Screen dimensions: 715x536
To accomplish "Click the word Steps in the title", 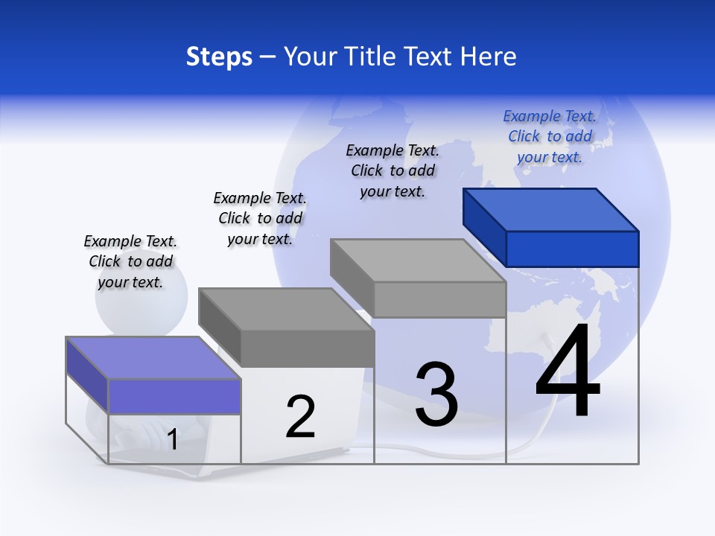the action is click(x=219, y=57).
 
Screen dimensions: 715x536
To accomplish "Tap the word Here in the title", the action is click(x=488, y=57).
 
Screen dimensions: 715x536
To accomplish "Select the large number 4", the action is click(x=568, y=372).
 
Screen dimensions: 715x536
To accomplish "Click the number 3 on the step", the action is click(x=436, y=394).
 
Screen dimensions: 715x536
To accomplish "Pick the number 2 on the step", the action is click(x=300, y=417).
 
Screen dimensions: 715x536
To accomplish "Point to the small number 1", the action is click(x=173, y=440).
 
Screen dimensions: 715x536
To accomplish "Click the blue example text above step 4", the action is click(x=550, y=137).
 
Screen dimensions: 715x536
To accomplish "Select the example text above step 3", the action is click(x=393, y=170).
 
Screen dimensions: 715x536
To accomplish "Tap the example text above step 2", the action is click(x=260, y=218).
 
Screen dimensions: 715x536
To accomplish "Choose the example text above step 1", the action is click(x=130, y=261).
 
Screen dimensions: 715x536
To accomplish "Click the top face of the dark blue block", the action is click(x=550, y=209).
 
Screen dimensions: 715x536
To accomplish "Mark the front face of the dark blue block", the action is click(x=572, y=249).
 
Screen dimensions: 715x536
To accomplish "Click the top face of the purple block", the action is click(x=153, y=357).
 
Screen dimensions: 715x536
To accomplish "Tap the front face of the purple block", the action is click(x=174, y=396).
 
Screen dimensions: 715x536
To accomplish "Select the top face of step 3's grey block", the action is click(x=417, y=261).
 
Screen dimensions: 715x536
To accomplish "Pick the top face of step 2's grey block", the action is click(x=285, y=309).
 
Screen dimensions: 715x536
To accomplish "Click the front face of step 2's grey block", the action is click(x=307, y=348).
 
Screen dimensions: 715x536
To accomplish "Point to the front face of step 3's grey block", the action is click(x=439, y=299).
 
